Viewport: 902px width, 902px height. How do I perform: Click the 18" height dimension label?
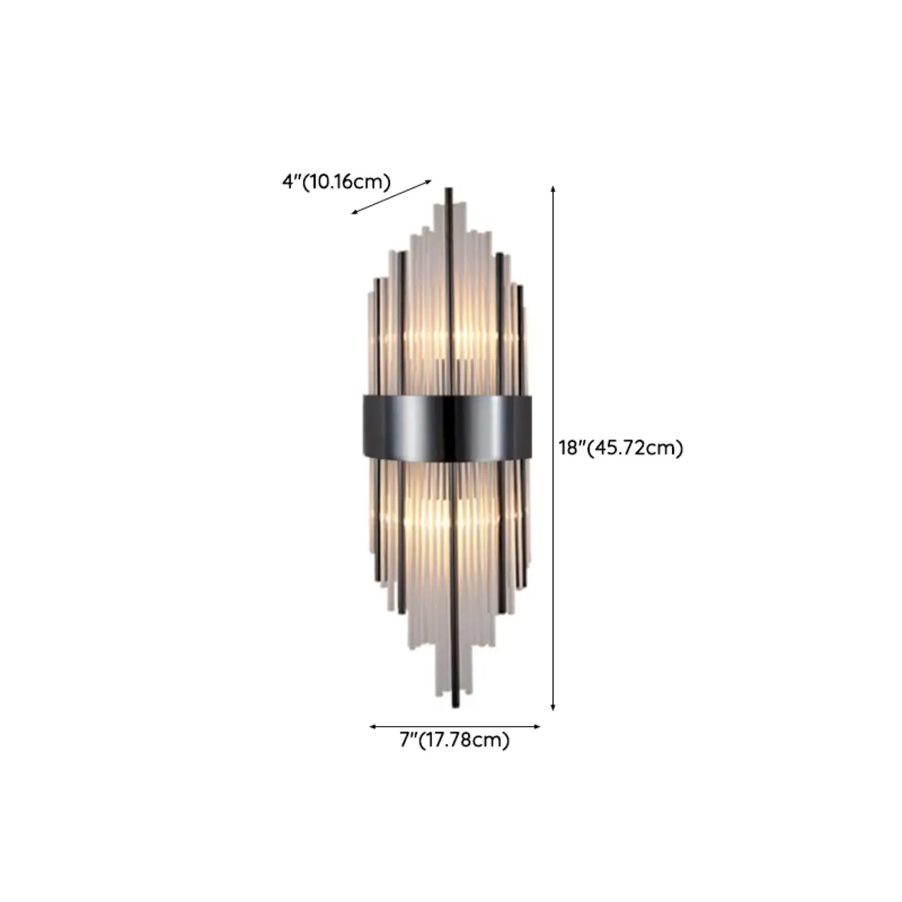572,448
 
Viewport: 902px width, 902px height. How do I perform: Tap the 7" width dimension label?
408,741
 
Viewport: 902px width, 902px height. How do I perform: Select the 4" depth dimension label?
290,182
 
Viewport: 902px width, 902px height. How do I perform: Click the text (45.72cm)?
636,448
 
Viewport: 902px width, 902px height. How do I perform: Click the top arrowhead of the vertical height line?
553,188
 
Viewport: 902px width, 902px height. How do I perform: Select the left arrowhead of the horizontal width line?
372,726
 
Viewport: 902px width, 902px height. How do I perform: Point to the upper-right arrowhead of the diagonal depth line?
429,182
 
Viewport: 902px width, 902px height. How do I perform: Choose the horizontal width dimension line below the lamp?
454,726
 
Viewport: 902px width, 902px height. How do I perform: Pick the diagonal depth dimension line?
391,197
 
